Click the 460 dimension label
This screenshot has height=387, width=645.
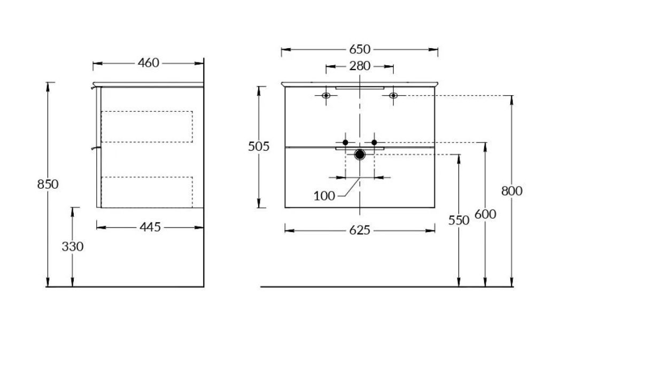pos(149,63)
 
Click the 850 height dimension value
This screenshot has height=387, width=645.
pos(48,184)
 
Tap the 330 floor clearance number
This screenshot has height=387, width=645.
pos(73,246)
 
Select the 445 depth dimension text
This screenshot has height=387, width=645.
pos(150,227)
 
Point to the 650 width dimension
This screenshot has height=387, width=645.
pos(360,50)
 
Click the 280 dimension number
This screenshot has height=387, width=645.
pos(360,66)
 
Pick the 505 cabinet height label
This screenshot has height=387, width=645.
pos(259,146)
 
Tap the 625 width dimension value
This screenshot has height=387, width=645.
pos(360,230)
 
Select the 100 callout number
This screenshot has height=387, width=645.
pos(324,196)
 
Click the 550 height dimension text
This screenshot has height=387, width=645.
pos(459,221)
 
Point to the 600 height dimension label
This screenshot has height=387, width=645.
pos(485,214)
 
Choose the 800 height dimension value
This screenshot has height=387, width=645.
pos(512,191)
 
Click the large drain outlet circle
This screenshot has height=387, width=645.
pos(360,154)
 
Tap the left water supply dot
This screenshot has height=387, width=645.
pos(346,143)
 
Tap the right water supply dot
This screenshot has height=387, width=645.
pos(374,143)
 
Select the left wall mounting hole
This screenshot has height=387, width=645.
pos(326,96)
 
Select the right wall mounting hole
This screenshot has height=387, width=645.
pos(393,96)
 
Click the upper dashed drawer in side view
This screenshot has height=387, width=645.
pos(147,127)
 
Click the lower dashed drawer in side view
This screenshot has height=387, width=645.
pos(147,192)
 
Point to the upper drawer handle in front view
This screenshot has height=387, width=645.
pos(360,88)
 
